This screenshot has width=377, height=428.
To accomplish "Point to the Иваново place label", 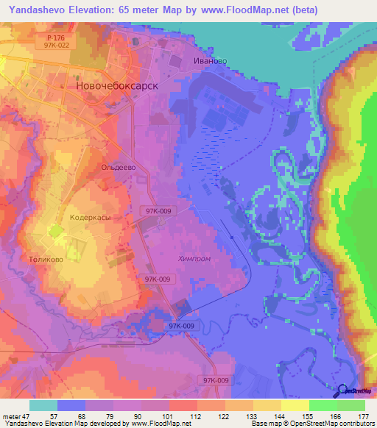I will point(209,61).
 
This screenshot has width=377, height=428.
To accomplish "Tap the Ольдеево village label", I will point(116,167).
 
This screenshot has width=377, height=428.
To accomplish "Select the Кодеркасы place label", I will point(90,218).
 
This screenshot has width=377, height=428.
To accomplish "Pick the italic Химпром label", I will point(194,258).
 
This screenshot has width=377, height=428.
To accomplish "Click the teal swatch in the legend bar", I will point(43,405).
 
